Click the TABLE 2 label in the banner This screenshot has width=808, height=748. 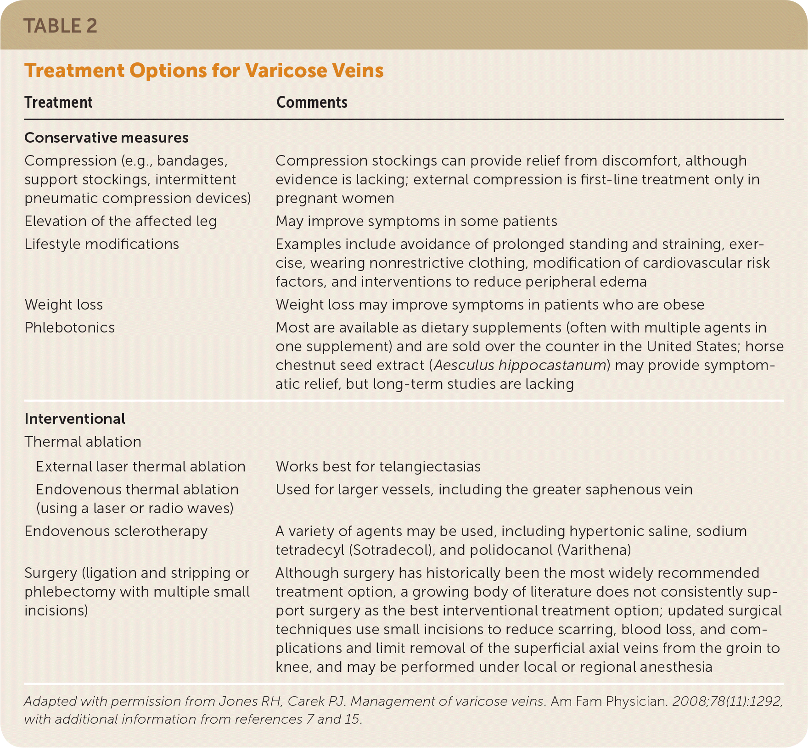60,26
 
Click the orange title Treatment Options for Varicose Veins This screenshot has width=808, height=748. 204,71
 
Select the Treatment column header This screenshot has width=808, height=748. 58,102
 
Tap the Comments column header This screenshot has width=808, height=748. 312,102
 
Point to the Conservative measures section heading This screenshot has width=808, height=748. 106,138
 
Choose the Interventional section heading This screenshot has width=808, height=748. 74,419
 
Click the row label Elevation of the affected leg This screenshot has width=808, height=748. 120,221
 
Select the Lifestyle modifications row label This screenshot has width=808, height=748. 101,244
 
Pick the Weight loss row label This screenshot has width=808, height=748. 63,305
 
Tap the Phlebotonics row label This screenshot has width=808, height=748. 69,327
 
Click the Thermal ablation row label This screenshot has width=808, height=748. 83,442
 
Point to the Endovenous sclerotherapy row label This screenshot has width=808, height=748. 116,531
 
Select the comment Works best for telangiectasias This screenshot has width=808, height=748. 378,466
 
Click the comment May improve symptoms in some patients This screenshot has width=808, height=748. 416,221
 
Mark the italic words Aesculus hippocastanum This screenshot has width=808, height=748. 520,365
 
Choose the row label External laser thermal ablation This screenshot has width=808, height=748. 140,466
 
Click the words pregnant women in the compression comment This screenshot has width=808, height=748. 335,198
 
